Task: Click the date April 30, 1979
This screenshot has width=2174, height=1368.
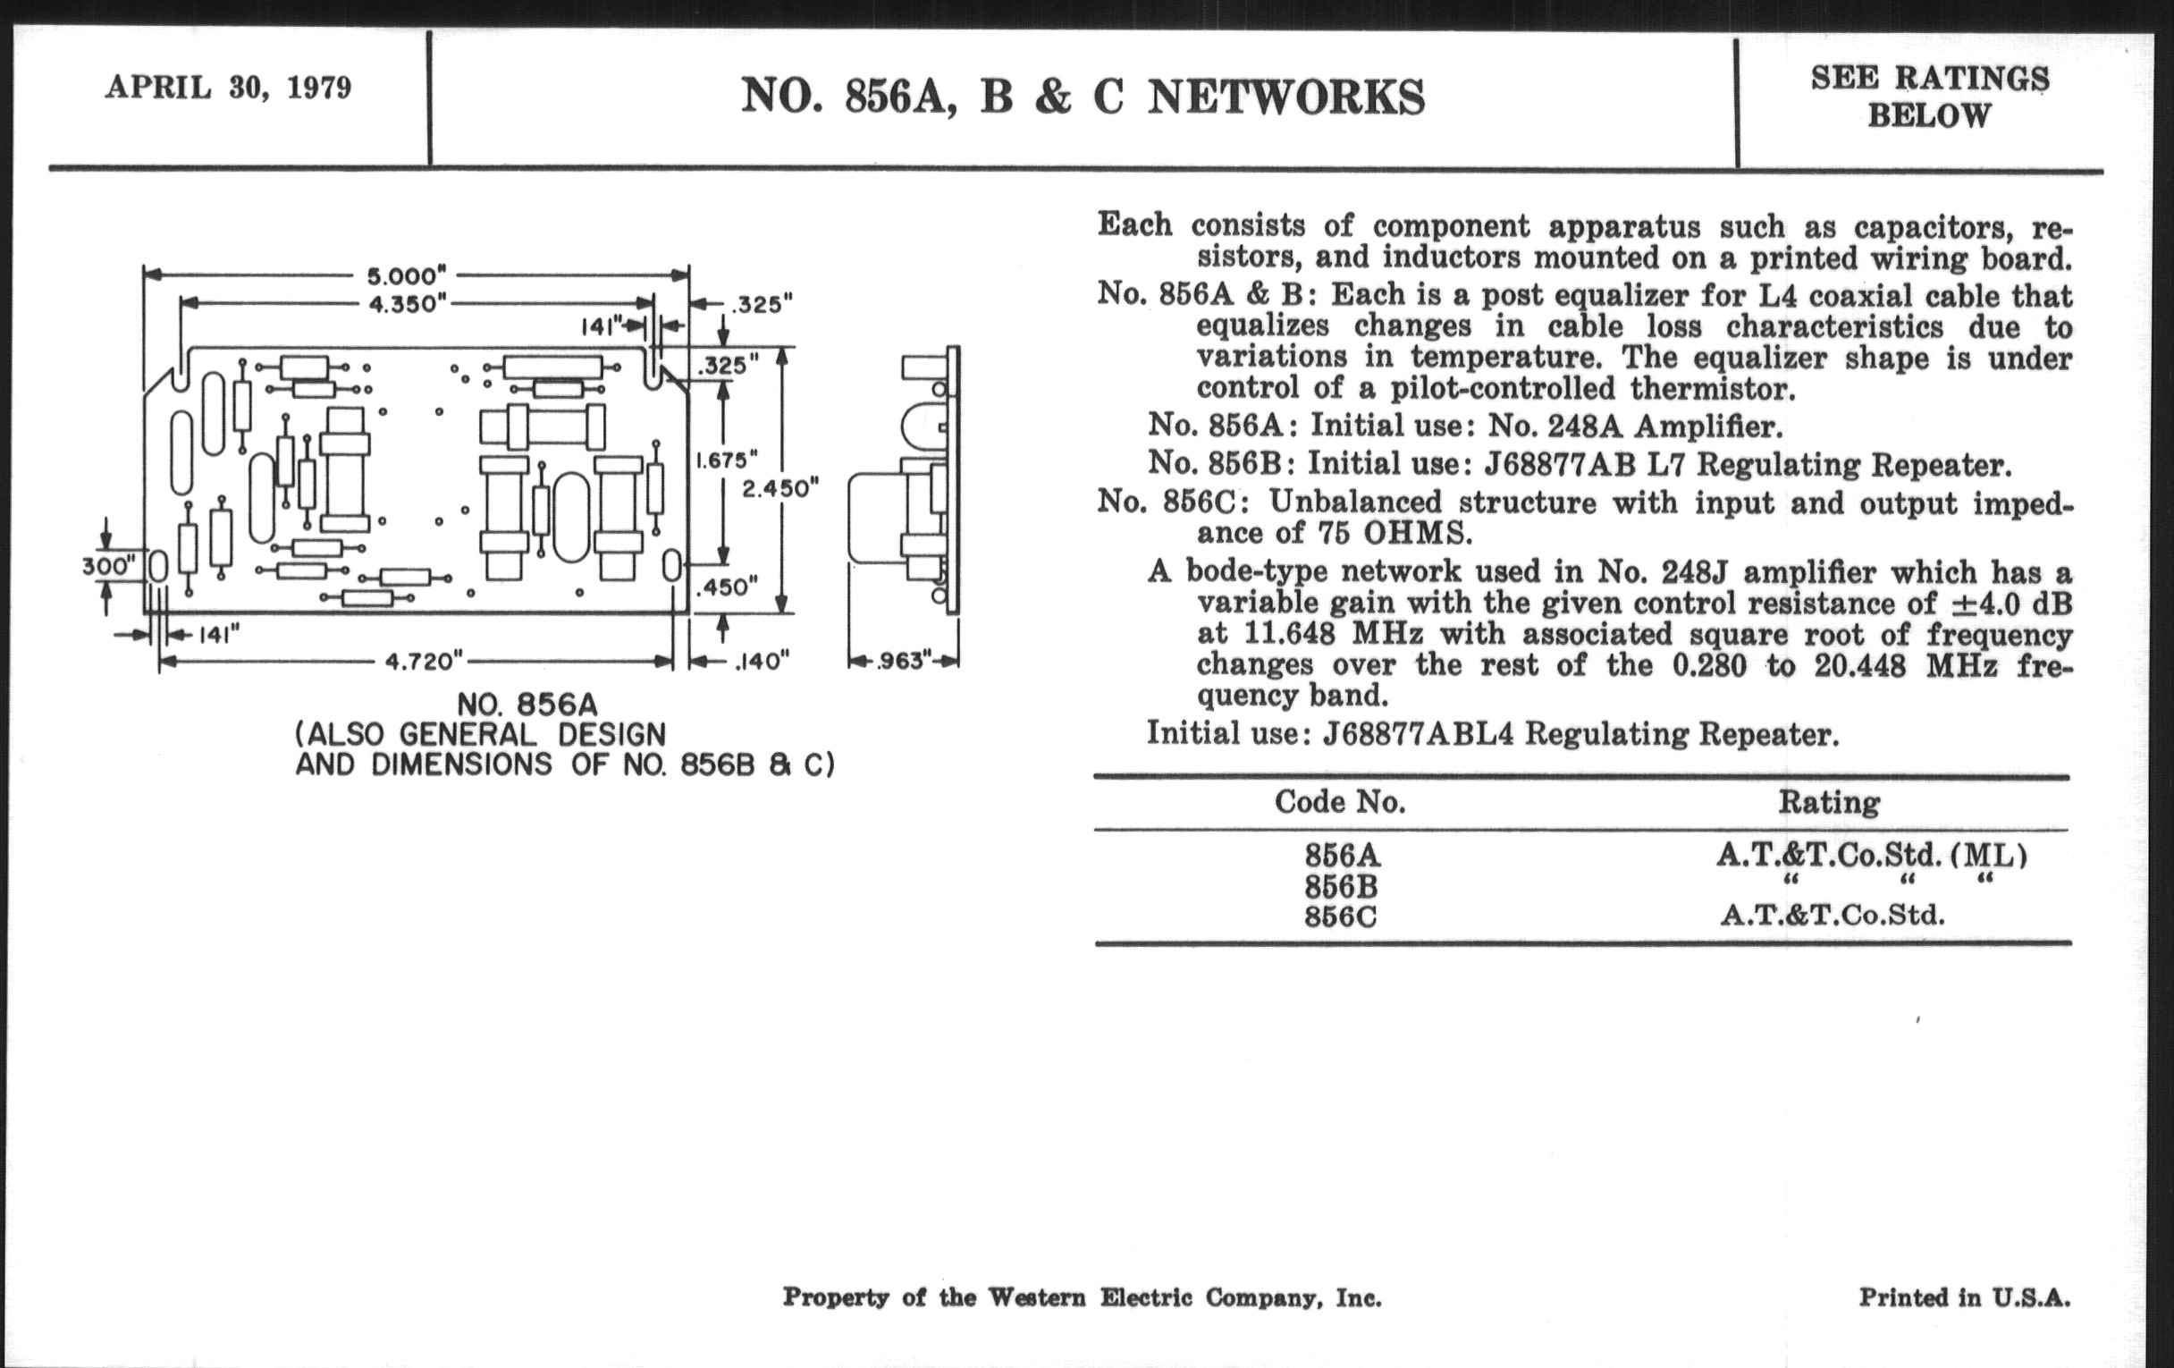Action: tap(229, 88)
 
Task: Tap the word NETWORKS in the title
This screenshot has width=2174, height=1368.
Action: tap(1285, 97)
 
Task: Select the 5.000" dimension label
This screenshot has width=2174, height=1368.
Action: tap(406, 275)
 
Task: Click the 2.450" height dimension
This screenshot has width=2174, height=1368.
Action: tap(780, 488)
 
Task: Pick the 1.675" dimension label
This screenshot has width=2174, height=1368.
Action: tap(721, 460)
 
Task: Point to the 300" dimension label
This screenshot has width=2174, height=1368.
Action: tap(109, 567)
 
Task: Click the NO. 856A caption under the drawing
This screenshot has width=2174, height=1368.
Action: tap(527, 705)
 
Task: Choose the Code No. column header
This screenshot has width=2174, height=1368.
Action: tap(1340, 802)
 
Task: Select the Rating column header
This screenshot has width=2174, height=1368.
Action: tap(1829, 802)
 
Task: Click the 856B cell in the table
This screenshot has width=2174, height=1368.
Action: tap(1341, 886)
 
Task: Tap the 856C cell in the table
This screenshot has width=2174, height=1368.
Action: tap(1341, 916)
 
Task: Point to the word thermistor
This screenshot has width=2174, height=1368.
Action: tap(1712, 389)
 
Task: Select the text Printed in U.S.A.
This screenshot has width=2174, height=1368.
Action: tap(1964, 1297)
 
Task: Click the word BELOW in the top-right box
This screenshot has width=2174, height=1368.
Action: tap(1929, 116)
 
